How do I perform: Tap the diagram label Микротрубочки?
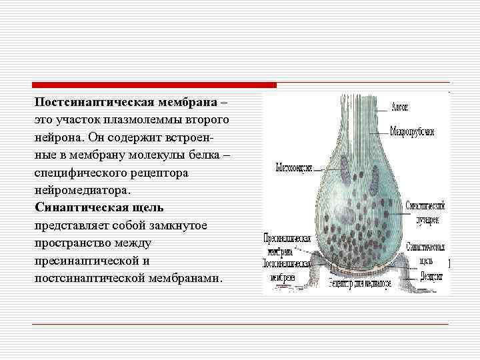click(412, 131)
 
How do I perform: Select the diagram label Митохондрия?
click(294, 167)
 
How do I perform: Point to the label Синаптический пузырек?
click(425, 212)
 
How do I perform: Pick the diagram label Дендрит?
click(433, 276)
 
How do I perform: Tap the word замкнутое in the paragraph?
click(175, 225)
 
